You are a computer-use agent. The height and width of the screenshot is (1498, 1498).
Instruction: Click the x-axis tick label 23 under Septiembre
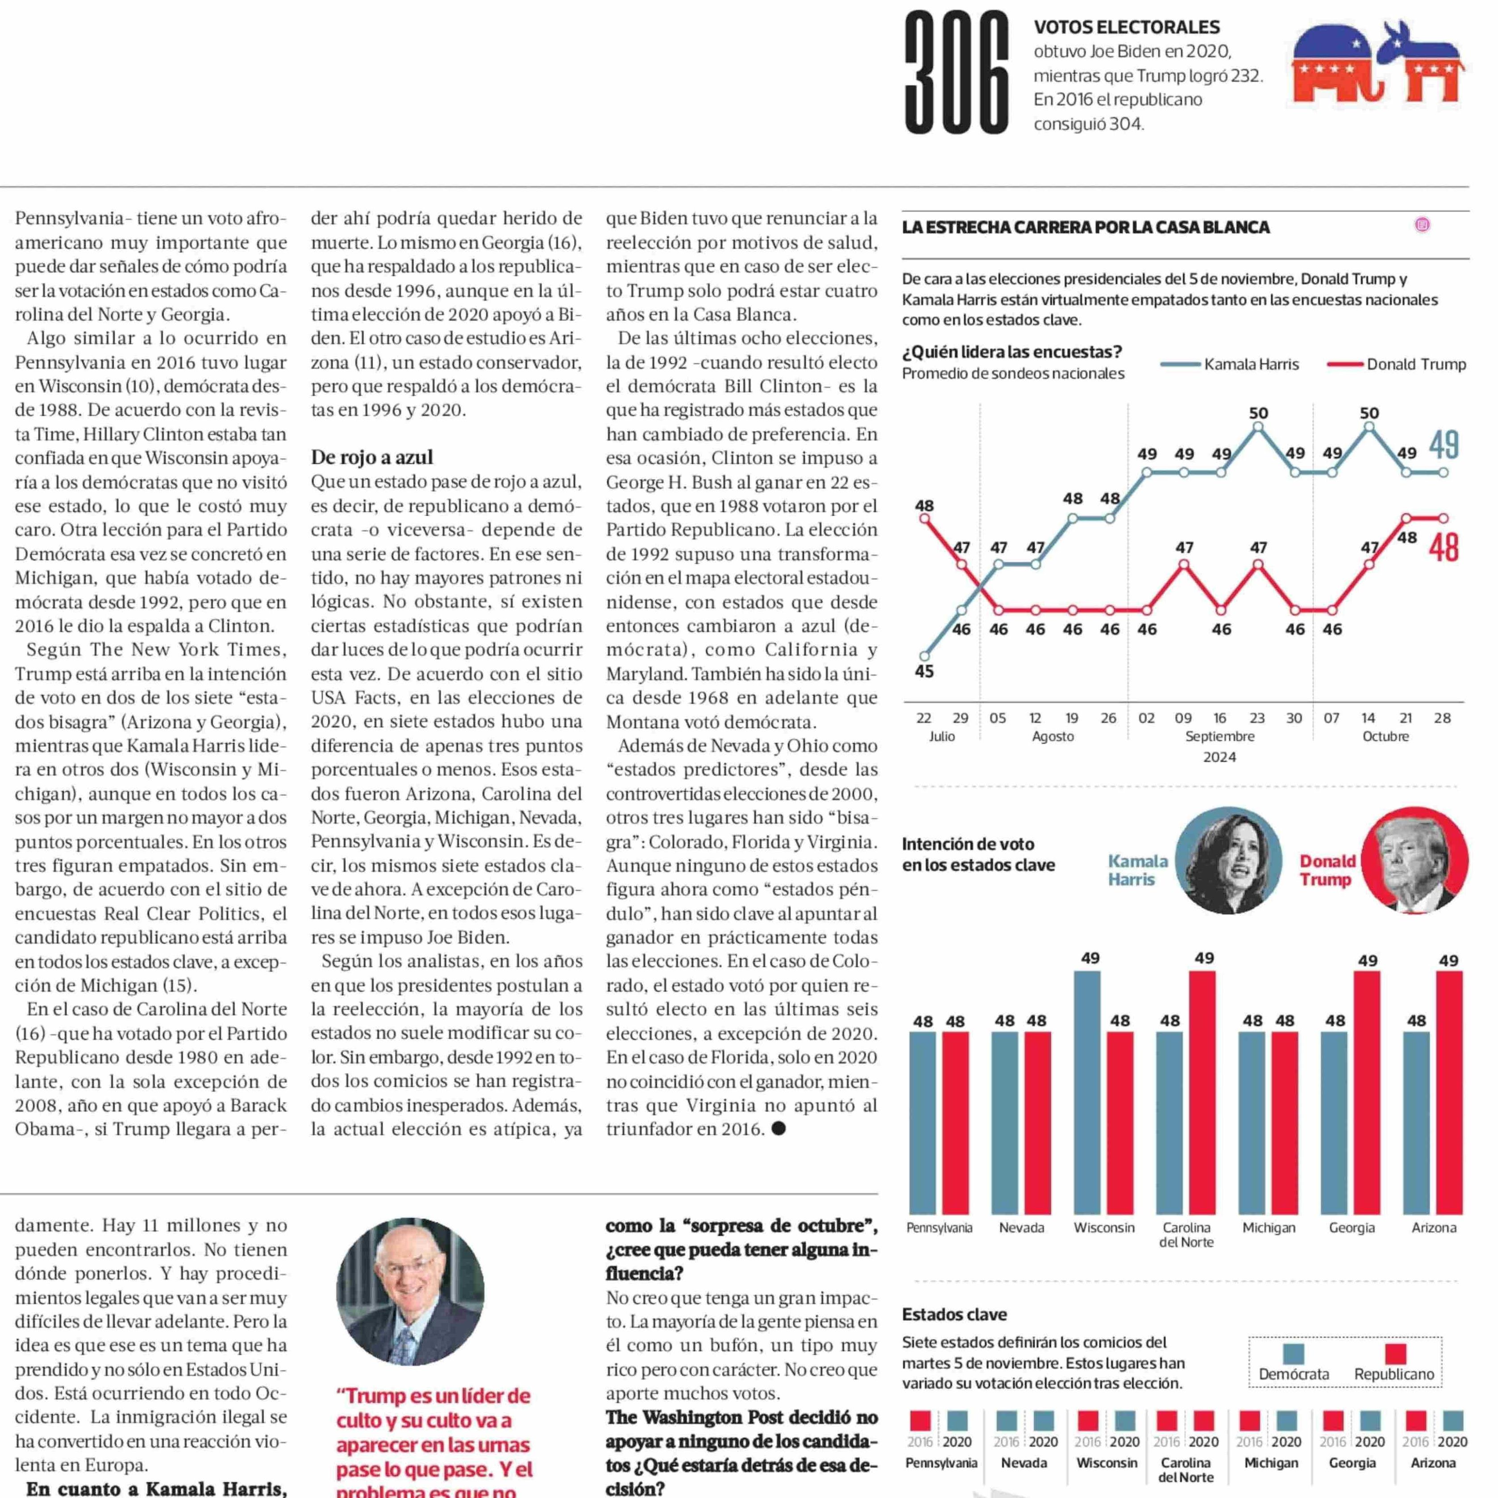1257,718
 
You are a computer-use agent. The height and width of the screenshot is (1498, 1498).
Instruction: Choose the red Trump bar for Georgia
1367,1093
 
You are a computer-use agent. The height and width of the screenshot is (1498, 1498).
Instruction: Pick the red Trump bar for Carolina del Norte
1202,1093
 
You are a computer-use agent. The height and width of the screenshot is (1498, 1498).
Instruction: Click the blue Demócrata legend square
1293,1354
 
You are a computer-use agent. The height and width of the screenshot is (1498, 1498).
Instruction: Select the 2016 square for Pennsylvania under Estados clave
920,1420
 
